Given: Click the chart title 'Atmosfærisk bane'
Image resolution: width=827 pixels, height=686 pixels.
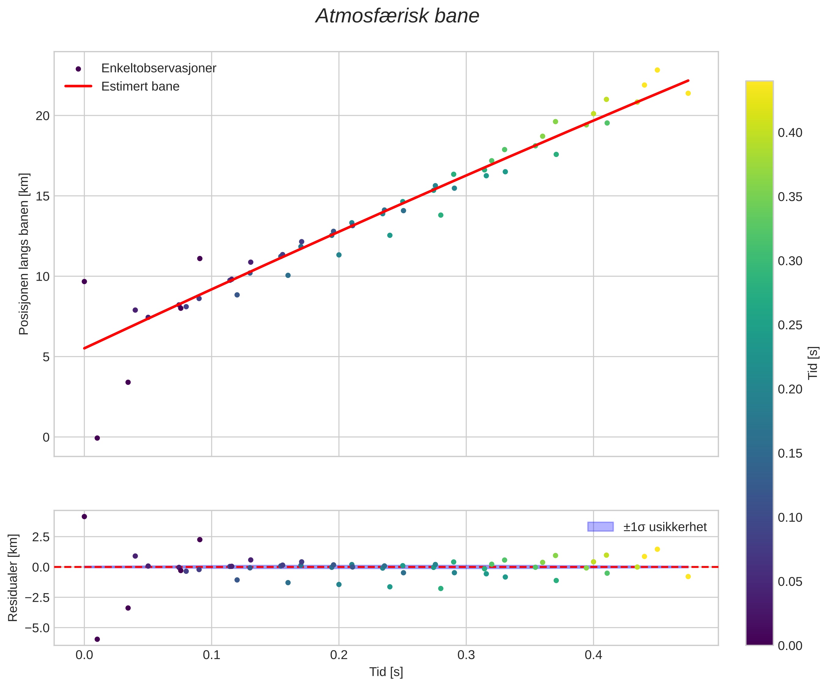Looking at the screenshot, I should click(x=397, y=16).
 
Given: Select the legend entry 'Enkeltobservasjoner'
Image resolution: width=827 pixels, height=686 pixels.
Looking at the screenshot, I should click(x=158, y=68).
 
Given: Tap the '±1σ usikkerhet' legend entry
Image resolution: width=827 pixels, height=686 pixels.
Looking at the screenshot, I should click(x=665, y=527).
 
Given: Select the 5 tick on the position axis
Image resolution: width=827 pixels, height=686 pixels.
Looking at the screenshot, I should click(x=46, y=357).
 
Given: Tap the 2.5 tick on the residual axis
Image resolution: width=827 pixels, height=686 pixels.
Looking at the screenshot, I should click(x=41, y=537).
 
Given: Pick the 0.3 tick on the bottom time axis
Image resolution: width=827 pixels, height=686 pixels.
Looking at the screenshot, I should click(x=466, y=655).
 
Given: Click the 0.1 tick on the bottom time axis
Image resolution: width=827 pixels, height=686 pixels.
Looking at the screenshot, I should click(x=211, y=655).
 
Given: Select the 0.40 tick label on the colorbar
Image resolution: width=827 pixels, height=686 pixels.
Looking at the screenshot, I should click(x=789, y=133).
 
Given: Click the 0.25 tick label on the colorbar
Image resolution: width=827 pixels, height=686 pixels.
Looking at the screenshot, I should click(x=789, y=325).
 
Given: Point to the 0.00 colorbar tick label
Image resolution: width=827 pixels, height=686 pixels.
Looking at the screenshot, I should click(x=789, y=646).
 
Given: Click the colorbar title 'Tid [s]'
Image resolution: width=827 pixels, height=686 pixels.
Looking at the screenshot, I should click(x=813, y=363).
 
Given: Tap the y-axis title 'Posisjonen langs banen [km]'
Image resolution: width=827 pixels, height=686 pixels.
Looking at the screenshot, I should click(x=24, y=254).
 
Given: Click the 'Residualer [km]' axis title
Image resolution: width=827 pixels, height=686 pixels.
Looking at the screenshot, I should click(x=13, y=578).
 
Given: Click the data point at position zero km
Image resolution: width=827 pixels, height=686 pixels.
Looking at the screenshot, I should click(x=97, y=438).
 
